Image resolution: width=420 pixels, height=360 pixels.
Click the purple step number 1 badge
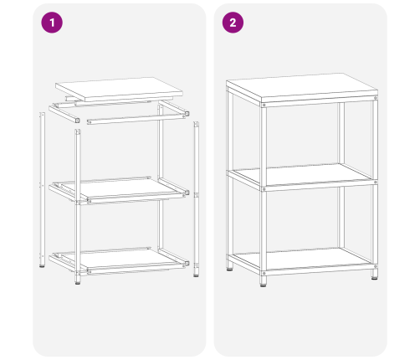pyautogui.click(x=52, y=23)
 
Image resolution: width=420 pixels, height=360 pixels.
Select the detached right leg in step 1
pyautogui.click(x=197, y=197)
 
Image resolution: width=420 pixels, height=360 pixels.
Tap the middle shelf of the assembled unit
pyautogui.click(x=301, y=175)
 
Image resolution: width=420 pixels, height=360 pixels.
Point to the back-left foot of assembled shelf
pyautogui.click(x=230, y=268)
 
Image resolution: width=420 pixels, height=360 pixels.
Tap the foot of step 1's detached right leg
pyautogui.click(x=197, y=273)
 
